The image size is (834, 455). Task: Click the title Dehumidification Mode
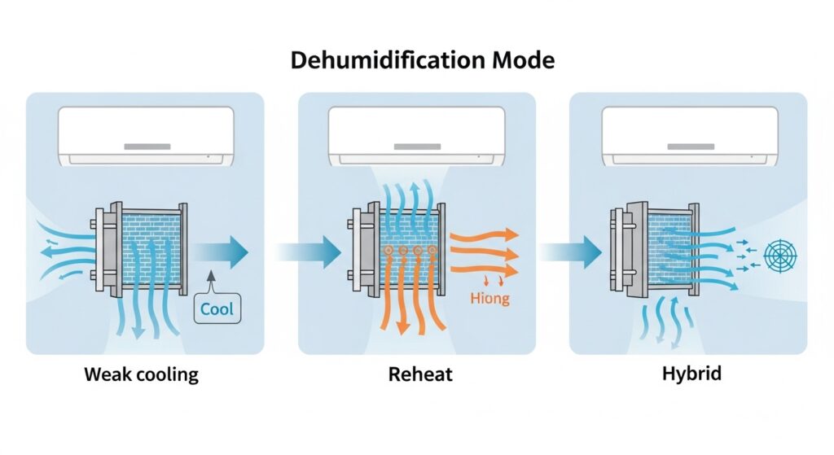click(416, 61)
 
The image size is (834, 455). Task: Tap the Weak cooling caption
click(141, 376)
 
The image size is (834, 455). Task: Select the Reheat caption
click(416, 376)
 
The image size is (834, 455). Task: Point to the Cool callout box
click(216, 309)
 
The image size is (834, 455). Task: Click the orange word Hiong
click(489, 299)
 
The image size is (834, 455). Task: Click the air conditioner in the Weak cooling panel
click(146, 138)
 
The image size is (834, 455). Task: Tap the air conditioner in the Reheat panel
click(415, 138)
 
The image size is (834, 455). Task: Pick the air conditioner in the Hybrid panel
click(688, 138)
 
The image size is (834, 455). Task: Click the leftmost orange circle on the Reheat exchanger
click(388, 252)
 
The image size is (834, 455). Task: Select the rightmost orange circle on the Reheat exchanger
click(432, 252)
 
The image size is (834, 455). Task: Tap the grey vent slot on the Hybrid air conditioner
click(688, 148)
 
